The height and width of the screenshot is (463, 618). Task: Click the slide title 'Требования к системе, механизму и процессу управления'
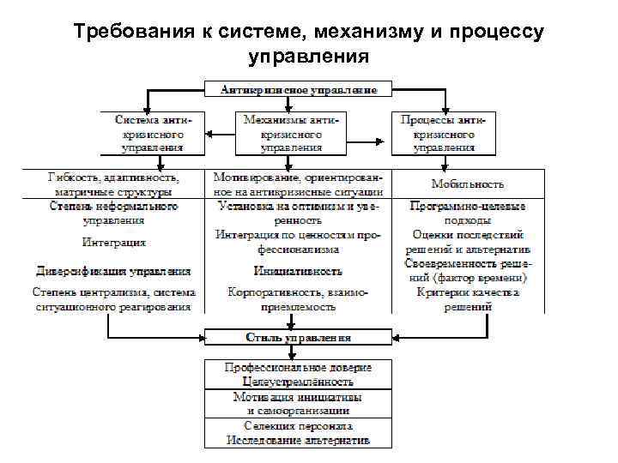(x=308, y=45)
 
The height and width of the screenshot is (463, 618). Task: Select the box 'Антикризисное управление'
(x=298, y=89)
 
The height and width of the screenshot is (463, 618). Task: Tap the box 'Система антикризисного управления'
(x=152, y=134)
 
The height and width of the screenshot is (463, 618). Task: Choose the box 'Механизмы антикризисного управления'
(x=293, y=134)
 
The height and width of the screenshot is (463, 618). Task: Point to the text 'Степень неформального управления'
(x=113, y=213)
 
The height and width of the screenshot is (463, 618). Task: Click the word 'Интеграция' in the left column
(x=113, y=243)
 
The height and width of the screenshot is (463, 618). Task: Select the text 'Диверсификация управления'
(x=113, y=272)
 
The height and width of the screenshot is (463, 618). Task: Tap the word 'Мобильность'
(x=468, y=184)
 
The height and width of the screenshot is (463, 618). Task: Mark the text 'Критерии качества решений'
(x=468, y=299)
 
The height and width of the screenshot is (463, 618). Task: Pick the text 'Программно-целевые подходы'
(x=468, y=213)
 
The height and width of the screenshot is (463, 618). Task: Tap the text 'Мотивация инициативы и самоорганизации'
(x=298, y=404)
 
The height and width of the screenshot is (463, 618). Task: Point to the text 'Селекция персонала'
(x=298, y=426)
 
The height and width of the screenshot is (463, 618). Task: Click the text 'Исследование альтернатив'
(x=298, y=440)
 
